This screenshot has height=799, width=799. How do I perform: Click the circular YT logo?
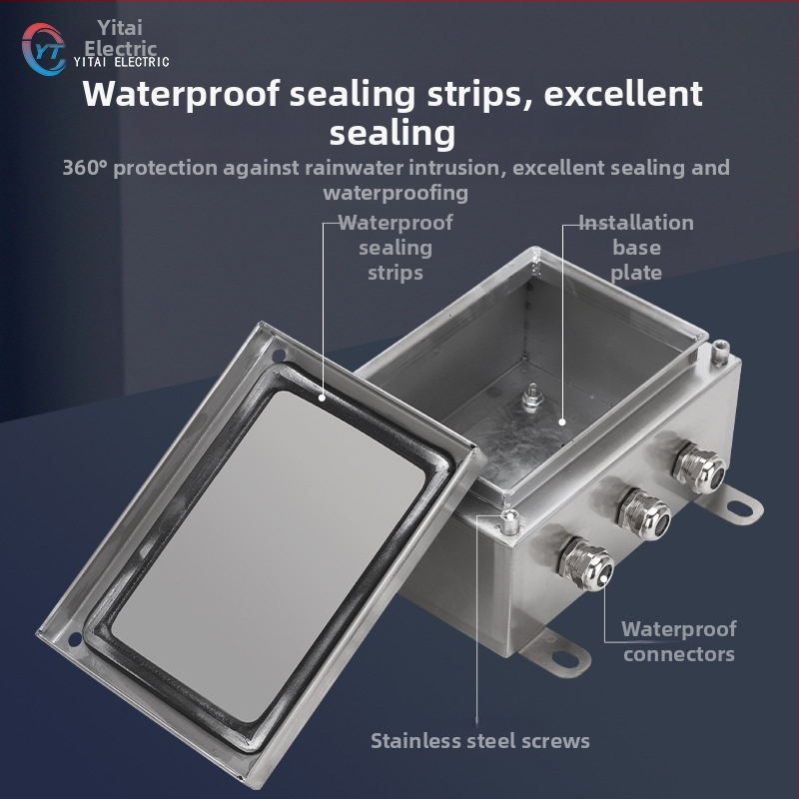43,49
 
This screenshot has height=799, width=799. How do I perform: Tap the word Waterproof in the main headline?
181,94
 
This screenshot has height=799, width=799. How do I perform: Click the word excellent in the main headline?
623,93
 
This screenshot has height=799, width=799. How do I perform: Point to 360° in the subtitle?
85,168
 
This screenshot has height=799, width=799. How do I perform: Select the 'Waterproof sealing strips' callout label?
396,248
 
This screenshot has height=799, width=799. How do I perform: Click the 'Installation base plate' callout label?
636,248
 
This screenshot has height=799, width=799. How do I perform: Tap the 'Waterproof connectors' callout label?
679,641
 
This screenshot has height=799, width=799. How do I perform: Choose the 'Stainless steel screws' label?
480,741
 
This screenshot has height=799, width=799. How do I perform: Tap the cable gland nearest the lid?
585,564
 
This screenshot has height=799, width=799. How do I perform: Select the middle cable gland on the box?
643,514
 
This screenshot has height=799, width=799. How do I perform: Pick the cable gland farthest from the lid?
699,467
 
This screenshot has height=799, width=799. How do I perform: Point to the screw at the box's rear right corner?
719,353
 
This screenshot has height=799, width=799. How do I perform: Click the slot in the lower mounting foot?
565,658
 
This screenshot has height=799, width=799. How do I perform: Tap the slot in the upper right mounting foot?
740,507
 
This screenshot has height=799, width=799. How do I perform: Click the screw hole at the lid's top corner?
279,355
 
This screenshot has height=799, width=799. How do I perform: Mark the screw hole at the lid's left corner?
75,639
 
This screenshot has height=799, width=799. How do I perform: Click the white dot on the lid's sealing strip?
323,398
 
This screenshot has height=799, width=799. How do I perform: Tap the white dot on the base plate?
562,421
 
